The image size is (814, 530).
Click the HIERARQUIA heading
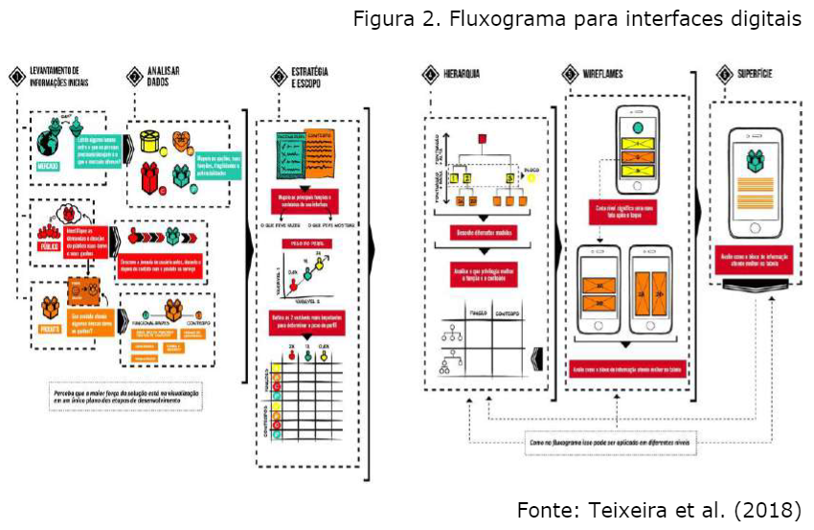click(x=462, y=73)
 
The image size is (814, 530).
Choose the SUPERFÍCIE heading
click(x=755, y=73)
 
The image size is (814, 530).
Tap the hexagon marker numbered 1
click(x=15, y=77)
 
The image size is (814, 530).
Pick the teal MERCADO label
click(x=49, y=167)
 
